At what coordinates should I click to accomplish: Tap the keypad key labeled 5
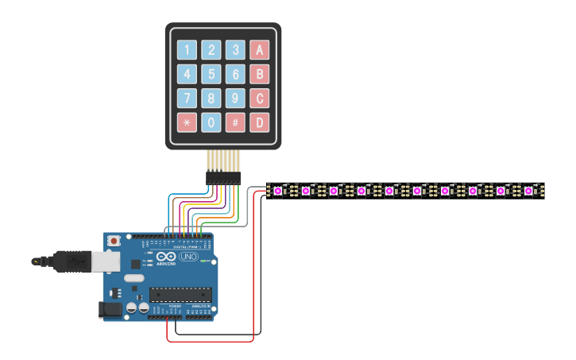tap(211, 75)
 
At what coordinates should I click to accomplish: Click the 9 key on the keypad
tap(234, 99)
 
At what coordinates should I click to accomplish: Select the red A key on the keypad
tap(259, 50)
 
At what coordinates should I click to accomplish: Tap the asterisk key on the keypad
tap(187, 122)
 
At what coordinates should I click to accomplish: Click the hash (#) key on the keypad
tap(234, 122)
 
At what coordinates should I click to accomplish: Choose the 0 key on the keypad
tap(211, 122)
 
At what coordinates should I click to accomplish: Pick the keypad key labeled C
tap(259, 99)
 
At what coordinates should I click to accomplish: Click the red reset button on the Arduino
tap(114, 239)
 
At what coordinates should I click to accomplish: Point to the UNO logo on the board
tap(188, 257)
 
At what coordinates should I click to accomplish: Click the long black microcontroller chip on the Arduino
tap(180, 295)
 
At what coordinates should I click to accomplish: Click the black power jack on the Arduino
tap(110, 310)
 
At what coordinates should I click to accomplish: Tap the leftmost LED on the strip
tap(277, 191)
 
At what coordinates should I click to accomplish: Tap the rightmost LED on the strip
tap(528, 191)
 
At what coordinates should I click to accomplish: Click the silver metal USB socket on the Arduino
tap(104, 260)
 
